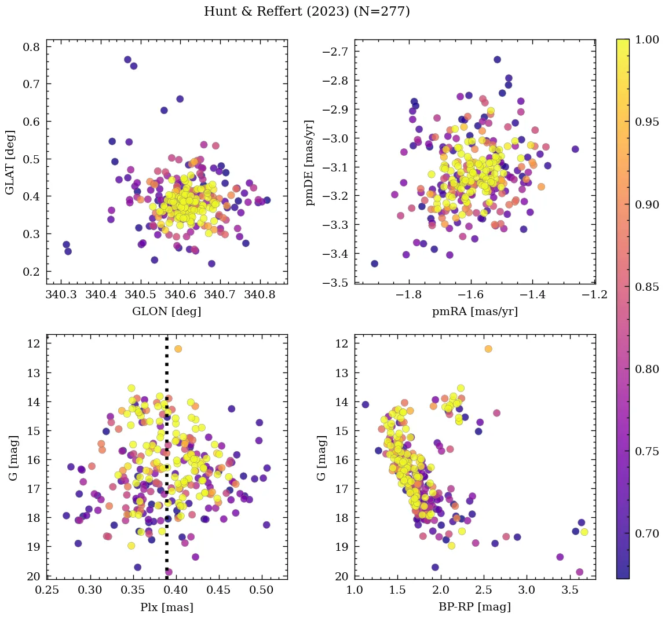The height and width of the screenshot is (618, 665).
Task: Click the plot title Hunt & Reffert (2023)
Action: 307,12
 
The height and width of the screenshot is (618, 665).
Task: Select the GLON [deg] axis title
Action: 167,311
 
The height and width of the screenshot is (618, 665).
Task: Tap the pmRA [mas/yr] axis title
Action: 475,311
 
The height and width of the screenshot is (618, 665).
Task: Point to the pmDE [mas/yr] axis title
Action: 311,162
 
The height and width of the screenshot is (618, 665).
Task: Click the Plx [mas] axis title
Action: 167,607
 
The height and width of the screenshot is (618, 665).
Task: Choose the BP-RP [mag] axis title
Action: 475,607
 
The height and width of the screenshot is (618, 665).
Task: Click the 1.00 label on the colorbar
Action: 646,39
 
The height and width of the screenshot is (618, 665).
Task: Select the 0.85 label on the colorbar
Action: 646,287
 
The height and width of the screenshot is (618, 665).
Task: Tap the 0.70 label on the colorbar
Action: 646,533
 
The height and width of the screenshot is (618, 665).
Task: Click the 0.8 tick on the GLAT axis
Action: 31,46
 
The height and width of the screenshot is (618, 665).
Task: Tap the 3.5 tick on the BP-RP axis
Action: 569,591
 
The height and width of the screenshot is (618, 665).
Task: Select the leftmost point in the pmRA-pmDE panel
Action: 375,264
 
